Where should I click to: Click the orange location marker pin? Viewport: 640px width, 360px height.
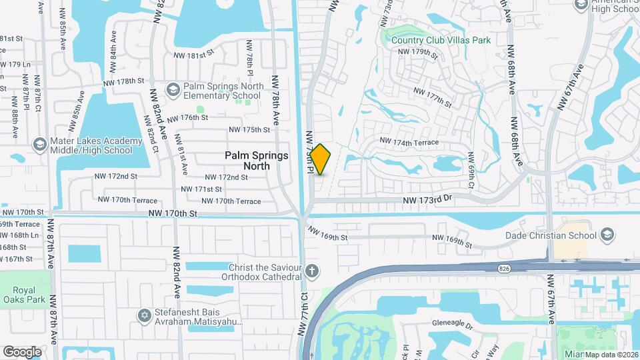click(x=321, y=159)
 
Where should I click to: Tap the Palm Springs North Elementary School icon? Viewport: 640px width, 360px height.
click(x=173, y=89)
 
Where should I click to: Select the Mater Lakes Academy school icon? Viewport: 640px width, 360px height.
click(x=39, y=145)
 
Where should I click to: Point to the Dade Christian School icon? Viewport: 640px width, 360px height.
click(x=607, y=235)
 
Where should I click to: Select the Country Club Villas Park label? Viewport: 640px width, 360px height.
click(x=441, y=41)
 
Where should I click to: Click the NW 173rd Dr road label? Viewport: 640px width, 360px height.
click(x=427, y=199)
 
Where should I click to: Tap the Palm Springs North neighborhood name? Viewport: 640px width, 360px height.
click(x=257, y=160)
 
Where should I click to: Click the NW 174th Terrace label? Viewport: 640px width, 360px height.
click(x=409, y=142)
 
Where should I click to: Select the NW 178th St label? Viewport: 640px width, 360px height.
click(x=123, y=81)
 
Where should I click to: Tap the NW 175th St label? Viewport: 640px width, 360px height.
click(x=248, y=129)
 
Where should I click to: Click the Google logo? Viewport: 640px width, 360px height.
click(x=22, y=351)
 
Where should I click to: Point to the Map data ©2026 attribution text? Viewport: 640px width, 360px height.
click(x=611, y=355)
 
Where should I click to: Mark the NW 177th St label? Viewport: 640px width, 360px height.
click(x=433, y=97)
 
